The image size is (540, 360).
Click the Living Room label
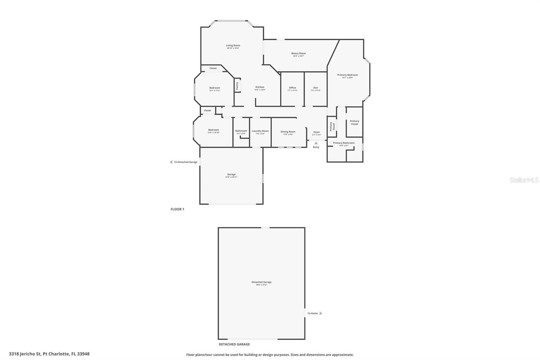[233, 46]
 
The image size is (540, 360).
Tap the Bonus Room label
[299, 53]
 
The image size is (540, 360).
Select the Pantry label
[237, 86]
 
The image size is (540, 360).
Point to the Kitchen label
[260, 87]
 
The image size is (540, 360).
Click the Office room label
[292, 88]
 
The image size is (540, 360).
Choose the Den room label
[316, 88]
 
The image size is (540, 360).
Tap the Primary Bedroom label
[348, 75]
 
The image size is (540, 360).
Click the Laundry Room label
[260, 131]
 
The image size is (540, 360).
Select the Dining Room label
[288, 132]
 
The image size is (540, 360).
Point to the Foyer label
[317, 132]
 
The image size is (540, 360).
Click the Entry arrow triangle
[316, 143]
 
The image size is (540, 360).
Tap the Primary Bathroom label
[344, 143]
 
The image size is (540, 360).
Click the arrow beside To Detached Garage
[171, 162]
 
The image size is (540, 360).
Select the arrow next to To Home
[321, 313]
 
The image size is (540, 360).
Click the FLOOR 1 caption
[177, 209]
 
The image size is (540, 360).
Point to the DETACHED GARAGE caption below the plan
[234, 344]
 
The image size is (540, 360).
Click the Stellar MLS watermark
[524, 180]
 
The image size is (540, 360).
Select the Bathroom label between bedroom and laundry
[241, 131]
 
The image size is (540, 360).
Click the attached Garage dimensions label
[231, 177]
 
